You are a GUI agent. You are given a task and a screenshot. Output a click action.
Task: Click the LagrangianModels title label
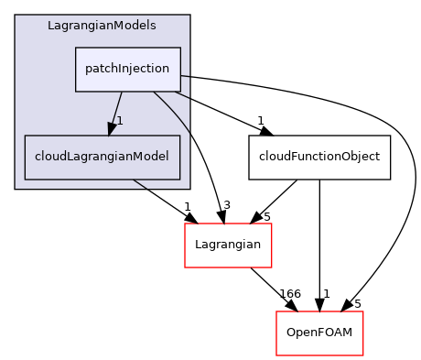click(x=102, y=25)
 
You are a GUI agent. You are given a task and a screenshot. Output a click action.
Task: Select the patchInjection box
click(x=127, y=69)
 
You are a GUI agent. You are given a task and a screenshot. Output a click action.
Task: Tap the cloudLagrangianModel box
click(x=102, y=157)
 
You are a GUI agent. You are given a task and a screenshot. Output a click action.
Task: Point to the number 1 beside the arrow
click(x=120, y=121)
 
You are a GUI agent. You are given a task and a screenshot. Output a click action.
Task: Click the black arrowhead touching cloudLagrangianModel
click(x=111, y=128)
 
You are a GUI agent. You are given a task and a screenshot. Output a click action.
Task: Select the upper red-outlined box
click(x=228, y=245)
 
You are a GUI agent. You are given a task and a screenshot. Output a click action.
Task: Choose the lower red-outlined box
click(x=319, y=333)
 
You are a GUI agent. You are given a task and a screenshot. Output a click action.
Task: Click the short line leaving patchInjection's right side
click(x=185, y=76)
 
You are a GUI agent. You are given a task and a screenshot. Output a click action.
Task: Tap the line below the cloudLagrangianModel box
click(x=139, y=184)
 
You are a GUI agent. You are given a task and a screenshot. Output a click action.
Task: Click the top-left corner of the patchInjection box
click(x=76, y=48)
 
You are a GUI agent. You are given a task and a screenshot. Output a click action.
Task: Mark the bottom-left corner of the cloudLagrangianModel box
click(x=25, y=179)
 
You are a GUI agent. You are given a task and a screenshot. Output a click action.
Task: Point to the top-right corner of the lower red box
click(x=363, y=311)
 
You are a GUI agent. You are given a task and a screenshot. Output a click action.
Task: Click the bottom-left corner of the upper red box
click(x=185, y=267)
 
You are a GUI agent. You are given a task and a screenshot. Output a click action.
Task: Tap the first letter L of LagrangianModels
click(x=50, y=25)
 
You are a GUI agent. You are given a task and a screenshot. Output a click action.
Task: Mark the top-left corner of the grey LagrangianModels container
click(x=16, y=16)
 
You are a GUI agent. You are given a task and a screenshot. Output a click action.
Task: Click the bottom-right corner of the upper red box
click(x=272, y=267)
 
